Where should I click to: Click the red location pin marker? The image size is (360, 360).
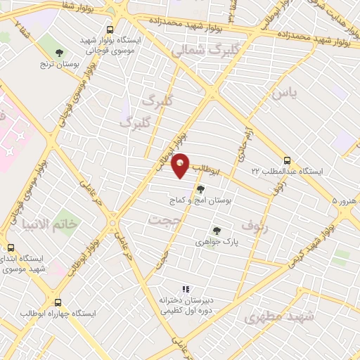tap(181, 165)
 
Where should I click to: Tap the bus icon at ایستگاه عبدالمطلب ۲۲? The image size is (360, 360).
tap(287, 160)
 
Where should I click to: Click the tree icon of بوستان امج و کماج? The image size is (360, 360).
tap(200, 188)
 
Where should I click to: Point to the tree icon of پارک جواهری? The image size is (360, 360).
tap(216, 229)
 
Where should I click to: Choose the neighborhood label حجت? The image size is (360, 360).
tap(161, 220)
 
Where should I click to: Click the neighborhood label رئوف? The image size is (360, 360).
tap(255, 226)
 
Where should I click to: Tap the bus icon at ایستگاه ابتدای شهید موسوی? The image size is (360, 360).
tap(11, 247)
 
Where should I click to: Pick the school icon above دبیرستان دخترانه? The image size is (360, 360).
tap(186, 288)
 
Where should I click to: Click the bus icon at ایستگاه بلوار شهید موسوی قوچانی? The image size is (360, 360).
tap(110, 30)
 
